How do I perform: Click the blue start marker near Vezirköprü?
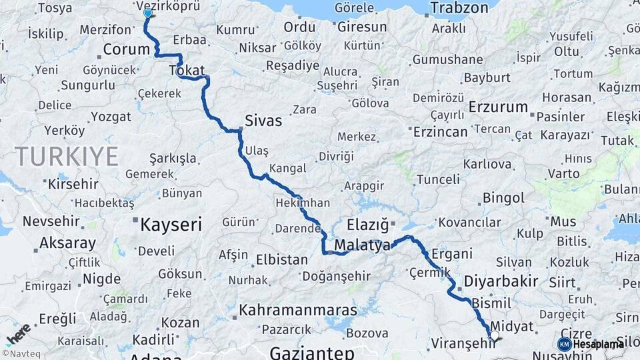(x=147, y=13)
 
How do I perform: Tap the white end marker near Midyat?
(x=494, y=336)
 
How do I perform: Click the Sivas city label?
(x=264, y=121)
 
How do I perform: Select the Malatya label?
(x=362, y=245)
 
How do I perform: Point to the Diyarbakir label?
(x=501, y=280)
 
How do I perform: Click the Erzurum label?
(x=498, y=107)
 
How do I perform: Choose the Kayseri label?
(x=171, y=225)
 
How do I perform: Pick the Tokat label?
(x=187, y=70)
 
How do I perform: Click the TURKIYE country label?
(x=67, y=157)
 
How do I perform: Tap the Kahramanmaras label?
(x=298, y=311)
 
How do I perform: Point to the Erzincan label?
(x=440, y=131)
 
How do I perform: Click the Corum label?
(x=126, y=50)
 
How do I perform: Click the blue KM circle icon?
(x=564, y=344)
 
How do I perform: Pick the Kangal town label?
(x=288, y=168)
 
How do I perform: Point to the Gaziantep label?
(x=312, y=351)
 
